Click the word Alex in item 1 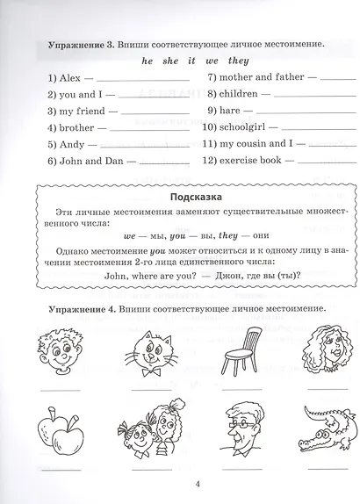coord(71,77)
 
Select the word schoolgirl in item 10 coord(248,127)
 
